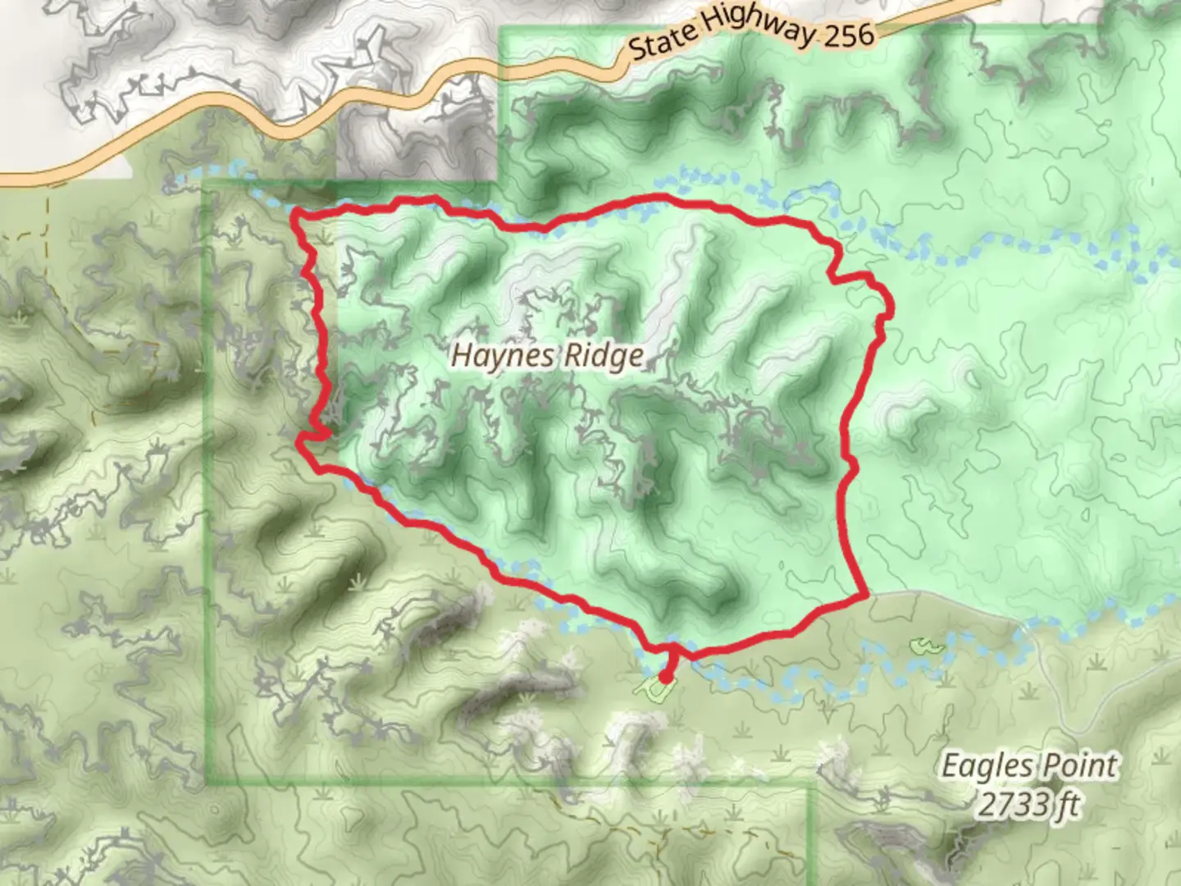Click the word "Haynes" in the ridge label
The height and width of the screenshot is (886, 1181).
(x=497, y=355)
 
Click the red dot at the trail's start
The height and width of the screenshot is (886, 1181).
(x=664, y=677)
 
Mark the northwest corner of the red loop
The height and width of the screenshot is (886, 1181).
(x=297, y=215)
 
